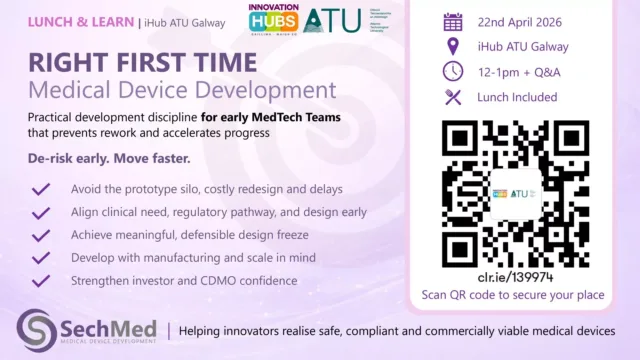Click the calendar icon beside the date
pyautogui.click(x=452, y=21)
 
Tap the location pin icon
pyautogui.click(x=452, y=46)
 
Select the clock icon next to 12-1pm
pyautogui.click(x=452, y=71)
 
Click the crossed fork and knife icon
pyautogui.click(x=452, y=96)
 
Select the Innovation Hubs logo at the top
pyautogui.click(x=272, y=20)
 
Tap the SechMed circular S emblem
pyautogui.click(x=37, y=330)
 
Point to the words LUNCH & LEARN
pyautogui.click(x=68, y=19)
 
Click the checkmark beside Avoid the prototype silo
pyautogui.click(x=41, y=189)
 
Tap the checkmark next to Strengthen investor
pyautogui.click(x=41, y=281)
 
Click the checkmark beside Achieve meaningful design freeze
pyautogui.click(x=41, y=235)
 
